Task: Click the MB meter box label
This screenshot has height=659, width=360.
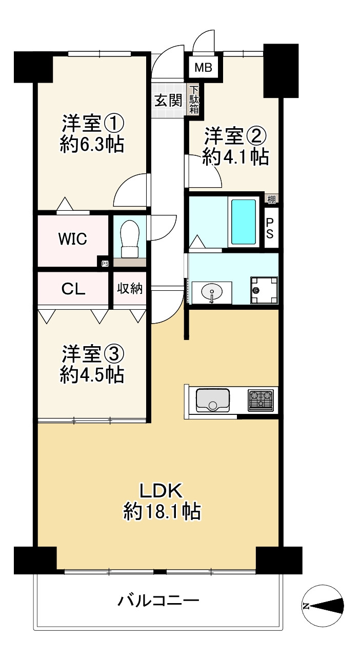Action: (204, 68)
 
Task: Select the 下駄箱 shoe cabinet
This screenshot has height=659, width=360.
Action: (194, 100)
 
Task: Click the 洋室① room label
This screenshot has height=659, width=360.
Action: (93, 124)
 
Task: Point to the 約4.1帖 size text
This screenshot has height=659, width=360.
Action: (235, 157)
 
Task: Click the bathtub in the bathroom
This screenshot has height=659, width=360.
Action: (244, 222)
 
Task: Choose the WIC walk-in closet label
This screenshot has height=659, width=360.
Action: (73, 238)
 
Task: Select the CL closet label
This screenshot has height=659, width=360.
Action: (73, 289)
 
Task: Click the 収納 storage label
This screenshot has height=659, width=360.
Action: (130, 288)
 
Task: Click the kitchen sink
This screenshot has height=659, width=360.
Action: (213, 401)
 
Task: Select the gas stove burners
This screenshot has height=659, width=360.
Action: (261, 400)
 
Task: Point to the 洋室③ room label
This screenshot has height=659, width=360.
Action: (93, 354)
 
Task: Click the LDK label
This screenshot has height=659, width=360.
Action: (161, 491)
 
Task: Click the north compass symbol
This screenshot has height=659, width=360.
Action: (323, 606)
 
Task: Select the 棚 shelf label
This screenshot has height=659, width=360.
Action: (271, 199)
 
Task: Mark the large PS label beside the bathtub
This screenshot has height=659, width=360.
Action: (270, 229)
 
